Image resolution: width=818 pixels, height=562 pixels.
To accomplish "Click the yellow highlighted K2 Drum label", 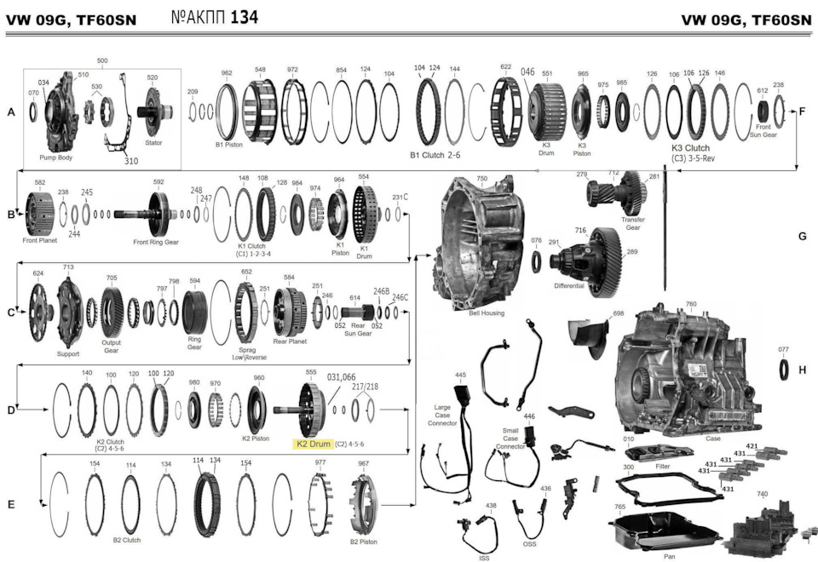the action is pos(313,444).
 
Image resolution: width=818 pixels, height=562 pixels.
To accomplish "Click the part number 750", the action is pos(482,179).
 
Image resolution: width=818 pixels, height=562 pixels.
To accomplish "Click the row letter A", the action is pos(10,112).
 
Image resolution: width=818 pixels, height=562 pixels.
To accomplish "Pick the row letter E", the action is pos(10,505).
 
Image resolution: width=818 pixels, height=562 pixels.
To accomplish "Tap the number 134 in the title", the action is pos(245,17).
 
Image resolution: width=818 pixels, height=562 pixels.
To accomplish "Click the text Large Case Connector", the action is pos(443,415).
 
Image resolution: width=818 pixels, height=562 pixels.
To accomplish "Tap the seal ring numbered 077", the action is pos(784,370).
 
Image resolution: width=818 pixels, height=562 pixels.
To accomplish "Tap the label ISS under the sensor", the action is pos(484,558).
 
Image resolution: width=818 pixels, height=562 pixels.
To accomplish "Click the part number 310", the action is pos(131,160).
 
